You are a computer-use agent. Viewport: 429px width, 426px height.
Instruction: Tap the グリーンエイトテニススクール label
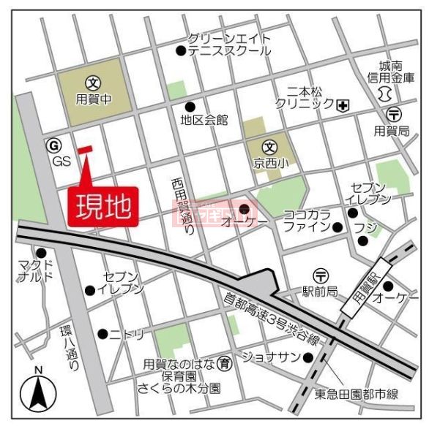point(229,45)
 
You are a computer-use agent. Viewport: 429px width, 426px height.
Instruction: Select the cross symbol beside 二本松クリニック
point(343,105)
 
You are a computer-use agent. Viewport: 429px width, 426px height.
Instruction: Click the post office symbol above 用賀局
point(394,113)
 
